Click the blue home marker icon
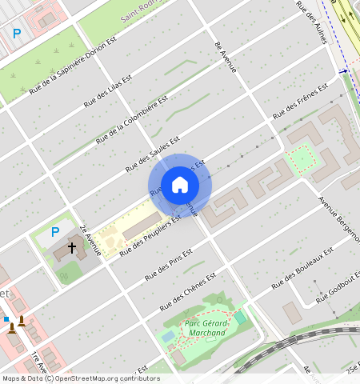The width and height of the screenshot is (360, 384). (180, 185)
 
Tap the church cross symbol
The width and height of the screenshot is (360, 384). (72, 249)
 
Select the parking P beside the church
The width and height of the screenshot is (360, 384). (55, 232)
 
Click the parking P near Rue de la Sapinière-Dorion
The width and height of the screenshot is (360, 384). (17, 34)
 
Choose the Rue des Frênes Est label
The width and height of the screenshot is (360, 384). (301, 101)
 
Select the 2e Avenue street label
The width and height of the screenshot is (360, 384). (90, 238)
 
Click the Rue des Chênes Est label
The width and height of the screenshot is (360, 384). (189, 292)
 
